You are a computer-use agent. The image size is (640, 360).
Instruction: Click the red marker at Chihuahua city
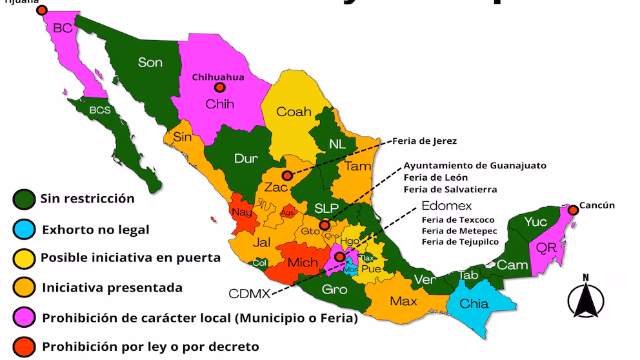coord(219,87)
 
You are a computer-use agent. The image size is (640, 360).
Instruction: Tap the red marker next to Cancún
coord(572,210)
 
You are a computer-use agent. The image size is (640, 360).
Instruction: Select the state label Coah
coord(294,112)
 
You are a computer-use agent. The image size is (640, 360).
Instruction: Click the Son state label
coord(150,62)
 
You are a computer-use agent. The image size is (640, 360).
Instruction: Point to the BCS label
coord(100,110)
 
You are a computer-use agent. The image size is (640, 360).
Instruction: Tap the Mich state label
coord(303,263)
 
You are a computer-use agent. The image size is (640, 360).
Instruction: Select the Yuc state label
coord(535,222)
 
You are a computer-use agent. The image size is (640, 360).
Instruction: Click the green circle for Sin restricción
coord(24,199)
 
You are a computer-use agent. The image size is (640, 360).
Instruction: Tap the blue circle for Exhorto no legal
coord(24,229)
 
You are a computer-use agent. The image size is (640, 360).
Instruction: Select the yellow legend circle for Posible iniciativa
coord(24,258)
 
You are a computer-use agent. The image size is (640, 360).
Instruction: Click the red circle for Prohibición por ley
coord(24,346)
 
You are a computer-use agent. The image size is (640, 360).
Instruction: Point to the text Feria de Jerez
coord(428,141)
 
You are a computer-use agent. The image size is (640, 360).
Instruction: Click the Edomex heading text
coord(446,206)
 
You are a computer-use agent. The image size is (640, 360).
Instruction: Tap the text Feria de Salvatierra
coord(450,189)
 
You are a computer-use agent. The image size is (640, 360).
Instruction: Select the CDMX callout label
coord(250,294)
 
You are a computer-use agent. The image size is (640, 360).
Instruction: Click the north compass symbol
coord(586,297)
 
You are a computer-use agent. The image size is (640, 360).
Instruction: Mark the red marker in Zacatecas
coord(286,175)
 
